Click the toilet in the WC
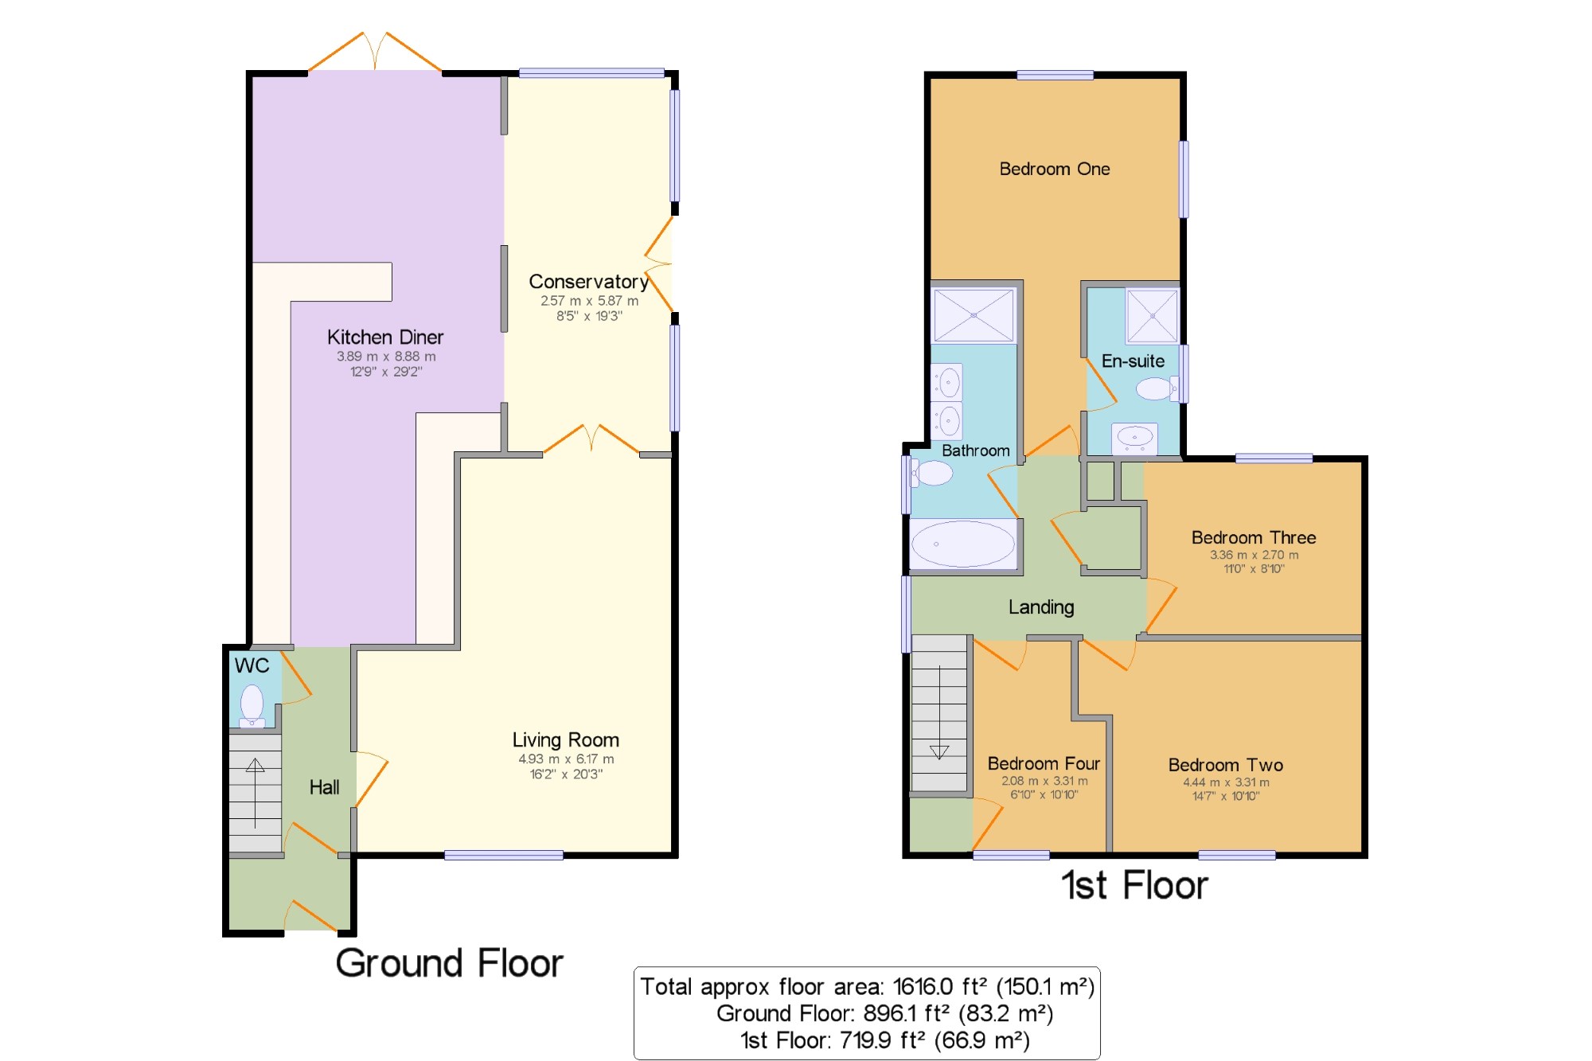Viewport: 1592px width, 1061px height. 252,706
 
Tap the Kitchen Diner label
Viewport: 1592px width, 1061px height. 385,337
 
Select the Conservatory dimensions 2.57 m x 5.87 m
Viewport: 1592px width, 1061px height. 589,301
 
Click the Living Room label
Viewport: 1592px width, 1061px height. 566,740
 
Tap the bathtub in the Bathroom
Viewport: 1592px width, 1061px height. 963,544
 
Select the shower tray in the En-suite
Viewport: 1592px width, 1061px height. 1152,315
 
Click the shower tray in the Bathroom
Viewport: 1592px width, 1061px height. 974,315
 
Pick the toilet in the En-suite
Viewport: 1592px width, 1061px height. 1157,388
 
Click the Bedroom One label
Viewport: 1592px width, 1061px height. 1055,169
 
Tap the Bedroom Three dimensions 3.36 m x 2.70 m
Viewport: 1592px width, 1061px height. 1254,555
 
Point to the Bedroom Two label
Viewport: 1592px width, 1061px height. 1226,765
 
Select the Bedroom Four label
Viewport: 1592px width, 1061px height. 1044,763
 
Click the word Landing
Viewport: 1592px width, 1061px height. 1041,607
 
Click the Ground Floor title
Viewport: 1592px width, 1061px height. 450,963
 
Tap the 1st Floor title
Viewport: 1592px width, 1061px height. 1134,885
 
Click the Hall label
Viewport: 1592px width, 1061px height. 324,787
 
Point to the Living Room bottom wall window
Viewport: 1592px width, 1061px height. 504,855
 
